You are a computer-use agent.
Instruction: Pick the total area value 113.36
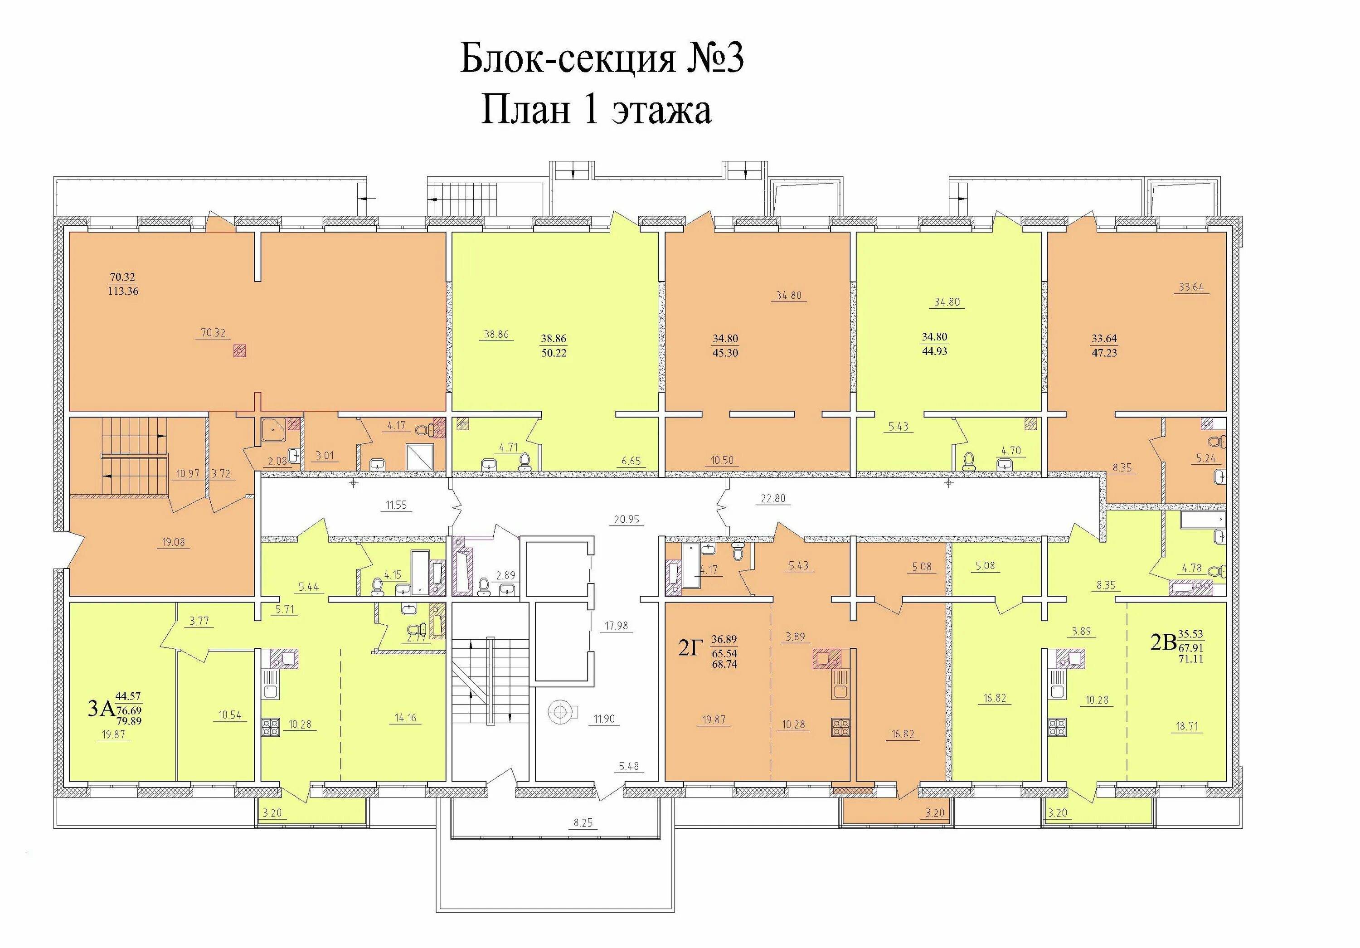click(x=123, y=291)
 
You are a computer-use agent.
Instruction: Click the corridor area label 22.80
click(x=773, y=498)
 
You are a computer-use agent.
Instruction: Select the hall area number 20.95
click(x=627, y=519)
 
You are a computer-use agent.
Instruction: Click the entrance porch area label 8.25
click(x=583, y=822)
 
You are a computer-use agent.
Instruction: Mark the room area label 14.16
click(x=406, y=718)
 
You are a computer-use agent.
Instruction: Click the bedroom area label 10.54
click(x=230, y=715)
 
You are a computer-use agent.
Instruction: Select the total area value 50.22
click(x=553, y=353)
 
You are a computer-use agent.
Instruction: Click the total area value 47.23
click(x=1104, y=353)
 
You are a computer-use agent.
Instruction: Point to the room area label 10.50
click(x=722, y=460)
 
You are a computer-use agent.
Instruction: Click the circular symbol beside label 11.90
click(x=558, y=712)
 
